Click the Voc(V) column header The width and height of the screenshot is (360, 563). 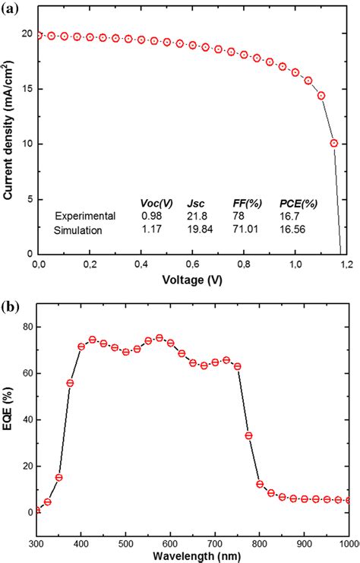point(156,203)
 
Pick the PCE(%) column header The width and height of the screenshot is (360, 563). point(298,203)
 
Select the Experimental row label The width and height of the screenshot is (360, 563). point(85,216)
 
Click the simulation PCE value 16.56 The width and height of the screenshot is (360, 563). point(295,229)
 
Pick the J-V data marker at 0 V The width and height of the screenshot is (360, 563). point(39,35)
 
